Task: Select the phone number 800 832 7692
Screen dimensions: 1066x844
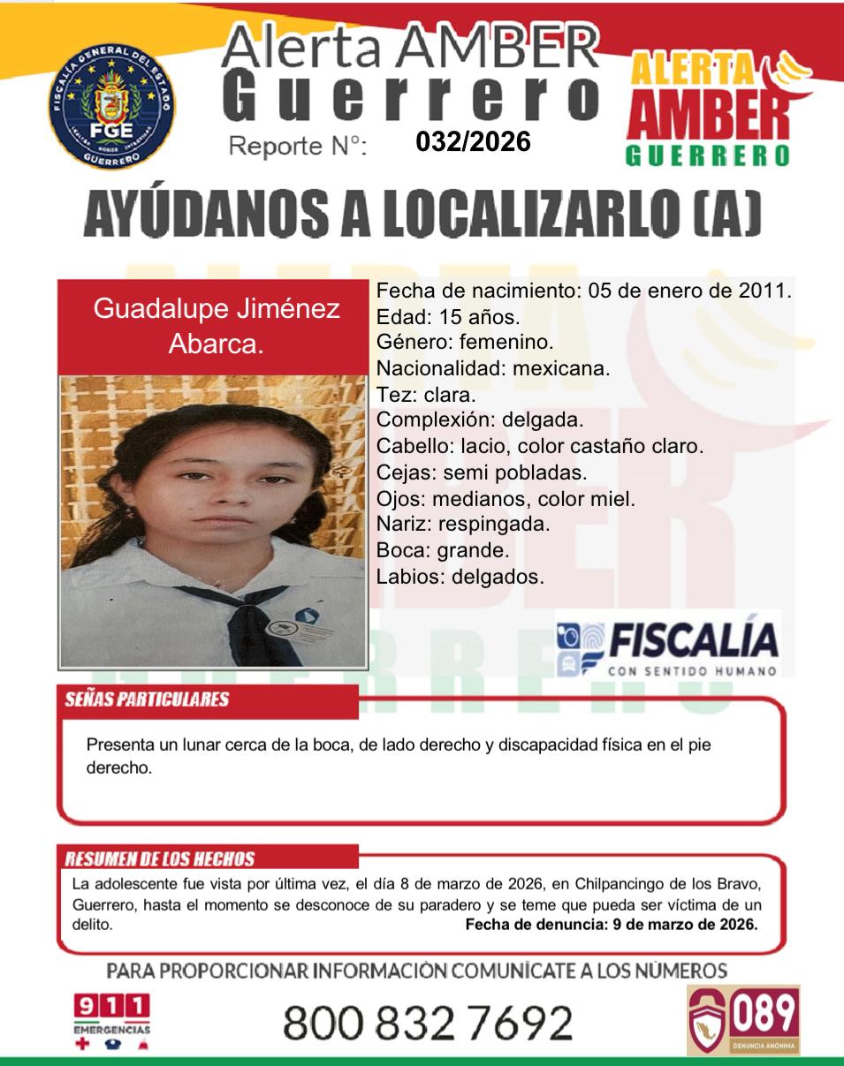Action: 428,1023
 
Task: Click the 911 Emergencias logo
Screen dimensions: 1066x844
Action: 111,1020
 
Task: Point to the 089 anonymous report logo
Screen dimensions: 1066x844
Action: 743,1020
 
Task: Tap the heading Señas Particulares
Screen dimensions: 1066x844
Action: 147,699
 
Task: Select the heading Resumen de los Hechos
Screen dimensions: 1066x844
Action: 160,859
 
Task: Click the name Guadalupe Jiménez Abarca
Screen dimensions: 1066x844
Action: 217,326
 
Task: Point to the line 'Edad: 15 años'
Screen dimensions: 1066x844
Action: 448,315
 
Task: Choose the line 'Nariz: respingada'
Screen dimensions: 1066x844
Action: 463,525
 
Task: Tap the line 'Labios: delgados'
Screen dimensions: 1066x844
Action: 460,578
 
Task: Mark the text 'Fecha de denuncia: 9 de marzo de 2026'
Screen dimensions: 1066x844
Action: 611,926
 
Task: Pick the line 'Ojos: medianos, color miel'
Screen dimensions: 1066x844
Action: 506,499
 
